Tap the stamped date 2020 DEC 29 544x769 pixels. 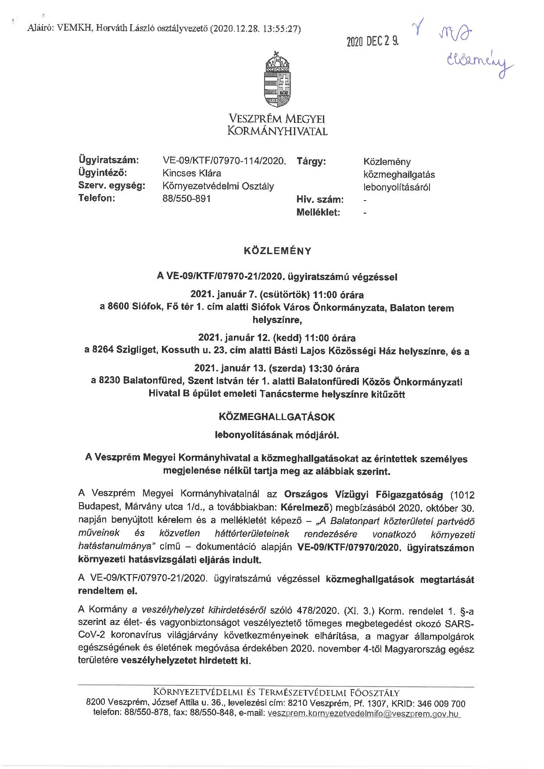click(x=372, y=42)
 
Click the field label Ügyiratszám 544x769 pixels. click(x=108, y=161)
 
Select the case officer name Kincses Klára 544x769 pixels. click(x=192, y=173)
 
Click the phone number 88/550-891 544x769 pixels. click(x=186, y=198)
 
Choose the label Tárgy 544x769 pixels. click(x=311, y=162)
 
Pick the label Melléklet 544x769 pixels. click(x=319, y=212)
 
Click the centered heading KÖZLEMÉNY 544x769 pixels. click(x=277, y=252)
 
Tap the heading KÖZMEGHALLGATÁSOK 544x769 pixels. click(x=277, y=416)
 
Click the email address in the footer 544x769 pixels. click(x=362, y=714)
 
